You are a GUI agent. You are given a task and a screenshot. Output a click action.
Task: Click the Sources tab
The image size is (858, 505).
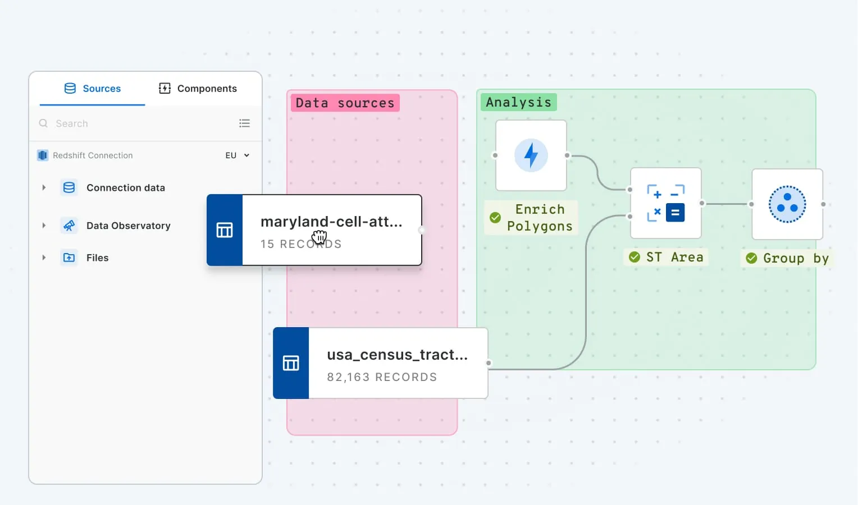(93, 89)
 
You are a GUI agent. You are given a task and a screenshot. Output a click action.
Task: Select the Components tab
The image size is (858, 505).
(198, 89)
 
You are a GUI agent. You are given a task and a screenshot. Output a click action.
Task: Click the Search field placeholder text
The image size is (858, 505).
(72, 123)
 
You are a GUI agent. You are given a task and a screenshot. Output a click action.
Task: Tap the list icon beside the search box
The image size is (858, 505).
(244, 123)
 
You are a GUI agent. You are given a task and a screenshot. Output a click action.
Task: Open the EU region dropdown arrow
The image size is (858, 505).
(247, 155)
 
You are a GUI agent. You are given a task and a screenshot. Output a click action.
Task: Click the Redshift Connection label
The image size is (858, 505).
(93, 155)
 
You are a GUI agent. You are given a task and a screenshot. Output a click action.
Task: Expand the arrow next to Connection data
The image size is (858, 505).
(44, 187)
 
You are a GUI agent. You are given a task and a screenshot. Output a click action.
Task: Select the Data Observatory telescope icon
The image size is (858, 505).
(69, 226)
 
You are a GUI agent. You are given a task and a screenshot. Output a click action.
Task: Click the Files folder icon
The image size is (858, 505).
(69, 258)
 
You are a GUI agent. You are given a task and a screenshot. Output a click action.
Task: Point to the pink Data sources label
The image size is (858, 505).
(345, 103)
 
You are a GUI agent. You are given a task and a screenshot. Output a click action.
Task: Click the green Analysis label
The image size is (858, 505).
(518, 102)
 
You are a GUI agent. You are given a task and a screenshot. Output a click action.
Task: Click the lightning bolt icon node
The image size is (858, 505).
(531, 155)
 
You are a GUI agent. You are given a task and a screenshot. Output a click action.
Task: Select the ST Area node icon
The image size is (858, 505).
(665, 203)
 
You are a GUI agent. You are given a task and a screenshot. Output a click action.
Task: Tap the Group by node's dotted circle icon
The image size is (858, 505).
(787, 204)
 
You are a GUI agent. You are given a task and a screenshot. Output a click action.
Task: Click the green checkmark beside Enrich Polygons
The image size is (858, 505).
(495, 217)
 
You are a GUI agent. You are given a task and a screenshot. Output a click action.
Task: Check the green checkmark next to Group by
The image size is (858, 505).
(751, 258)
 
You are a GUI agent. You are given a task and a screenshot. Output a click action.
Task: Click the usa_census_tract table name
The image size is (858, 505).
(397, 355)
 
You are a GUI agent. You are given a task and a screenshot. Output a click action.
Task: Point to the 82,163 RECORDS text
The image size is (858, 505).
(382, 377)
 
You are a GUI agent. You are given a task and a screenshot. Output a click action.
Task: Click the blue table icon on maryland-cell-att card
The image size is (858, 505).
(225, 230)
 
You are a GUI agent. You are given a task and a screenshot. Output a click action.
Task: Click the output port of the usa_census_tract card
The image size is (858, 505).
(489, 363)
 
